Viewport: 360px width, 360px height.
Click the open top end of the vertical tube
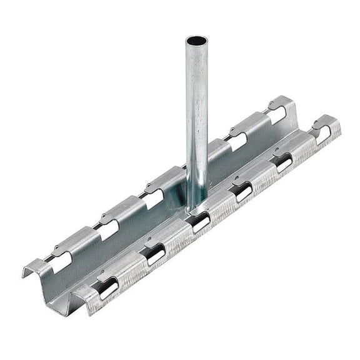pos(197,41)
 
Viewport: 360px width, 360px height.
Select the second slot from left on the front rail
pos(155,254)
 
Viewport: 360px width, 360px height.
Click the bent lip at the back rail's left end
pos(31,270)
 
